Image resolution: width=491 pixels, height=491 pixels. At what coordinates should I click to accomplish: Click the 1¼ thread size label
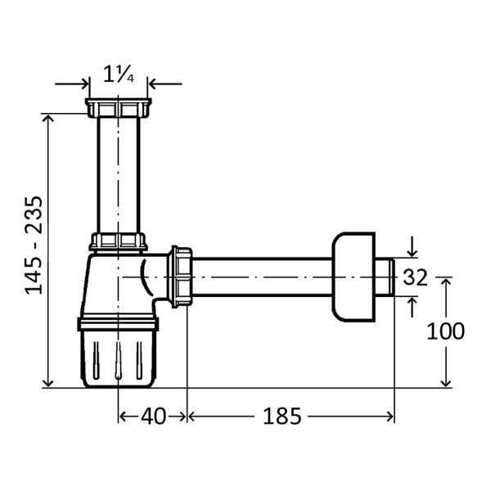point(119,75)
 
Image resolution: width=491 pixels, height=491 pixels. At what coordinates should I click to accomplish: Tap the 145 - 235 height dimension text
point(34,245)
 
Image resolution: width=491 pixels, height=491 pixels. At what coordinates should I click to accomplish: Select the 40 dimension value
point(153,417)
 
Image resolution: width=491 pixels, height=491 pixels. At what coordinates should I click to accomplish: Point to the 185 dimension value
point(282,417)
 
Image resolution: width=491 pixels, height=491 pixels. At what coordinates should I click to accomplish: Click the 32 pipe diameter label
point(415,277)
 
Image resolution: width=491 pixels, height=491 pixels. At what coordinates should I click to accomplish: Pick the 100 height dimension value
point(445,331)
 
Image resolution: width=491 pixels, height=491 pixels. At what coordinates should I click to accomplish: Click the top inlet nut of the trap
point(119,108)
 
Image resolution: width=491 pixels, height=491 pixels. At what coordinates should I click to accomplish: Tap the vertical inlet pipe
point(119,175)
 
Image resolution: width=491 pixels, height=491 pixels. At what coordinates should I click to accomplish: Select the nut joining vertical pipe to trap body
point(119,241)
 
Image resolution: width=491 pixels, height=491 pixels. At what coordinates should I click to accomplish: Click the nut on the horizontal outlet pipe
point(180,277)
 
